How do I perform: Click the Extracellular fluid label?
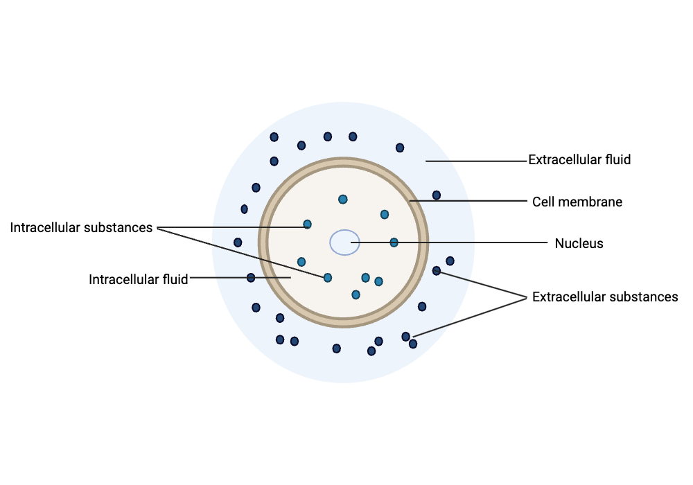[579, 160]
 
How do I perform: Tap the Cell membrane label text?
[577, 202]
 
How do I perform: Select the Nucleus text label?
[579, 243]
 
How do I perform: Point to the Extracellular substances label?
[604, 297]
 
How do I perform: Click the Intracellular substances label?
[81, 227]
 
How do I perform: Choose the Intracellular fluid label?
[139, 280]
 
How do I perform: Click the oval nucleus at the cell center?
[344, 242]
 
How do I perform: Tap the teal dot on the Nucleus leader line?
[394, 242]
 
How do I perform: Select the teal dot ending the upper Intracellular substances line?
[307, 224]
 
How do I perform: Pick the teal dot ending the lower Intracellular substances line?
[328, 277]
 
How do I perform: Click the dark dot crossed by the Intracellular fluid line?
[251, 277]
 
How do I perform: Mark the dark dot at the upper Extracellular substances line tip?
[436, 271]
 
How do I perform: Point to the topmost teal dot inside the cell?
[342, 200]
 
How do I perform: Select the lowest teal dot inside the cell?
[356, 294]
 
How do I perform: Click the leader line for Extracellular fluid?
[477, 161]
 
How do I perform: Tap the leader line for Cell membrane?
[468, 200]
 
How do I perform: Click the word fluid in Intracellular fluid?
[175, 280]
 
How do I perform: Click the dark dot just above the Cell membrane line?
[436, 195]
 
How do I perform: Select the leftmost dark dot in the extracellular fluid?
[238, 242]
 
